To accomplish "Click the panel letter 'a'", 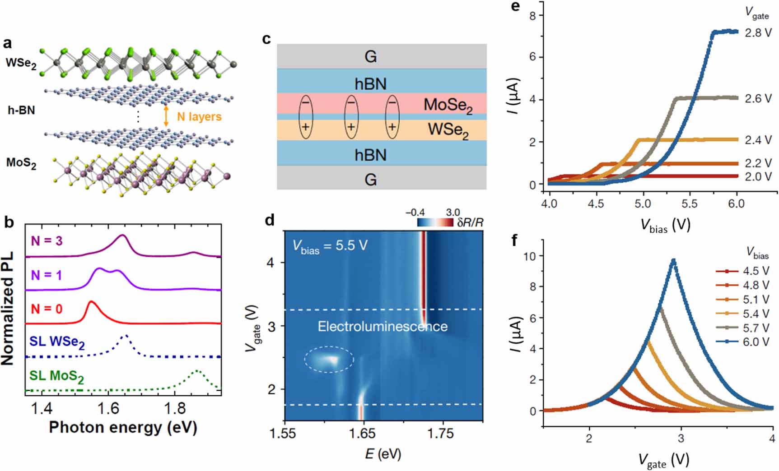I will coord(7,44).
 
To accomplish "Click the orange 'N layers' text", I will coord(199,117).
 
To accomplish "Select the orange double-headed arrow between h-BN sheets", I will coord(166,116).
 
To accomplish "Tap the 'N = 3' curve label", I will coord(47,241).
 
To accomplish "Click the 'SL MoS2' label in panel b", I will coord(56,376).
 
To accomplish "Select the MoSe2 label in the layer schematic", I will coord(448,106).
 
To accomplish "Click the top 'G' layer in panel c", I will coord(370,56).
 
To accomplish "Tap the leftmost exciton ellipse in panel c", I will coord(306,116).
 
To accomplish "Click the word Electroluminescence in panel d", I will coord(383,327).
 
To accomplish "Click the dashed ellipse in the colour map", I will coord(329,360).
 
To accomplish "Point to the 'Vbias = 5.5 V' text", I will coord(330,246).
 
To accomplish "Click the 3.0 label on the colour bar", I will coord(452,212).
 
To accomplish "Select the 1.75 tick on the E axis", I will coord(440,434).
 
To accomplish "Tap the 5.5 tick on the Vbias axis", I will coord(690,203).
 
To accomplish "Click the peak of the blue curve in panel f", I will coord(673,260).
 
